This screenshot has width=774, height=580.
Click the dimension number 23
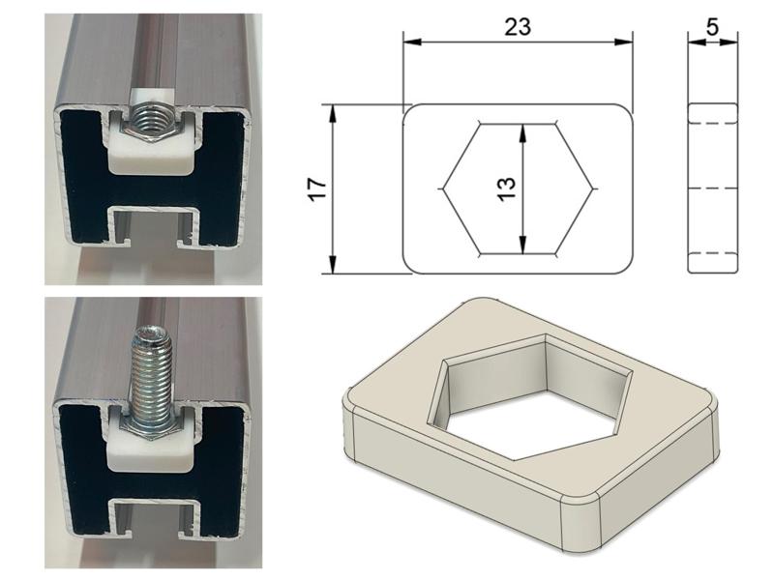[518, 26]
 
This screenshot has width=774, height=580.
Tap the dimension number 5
[712, 26]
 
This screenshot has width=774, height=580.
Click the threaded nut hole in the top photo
[151, 121]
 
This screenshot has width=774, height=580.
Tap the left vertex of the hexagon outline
[444, 188]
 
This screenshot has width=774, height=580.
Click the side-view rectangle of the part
[712, 188]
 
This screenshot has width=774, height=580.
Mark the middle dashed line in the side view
[712, 187]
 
